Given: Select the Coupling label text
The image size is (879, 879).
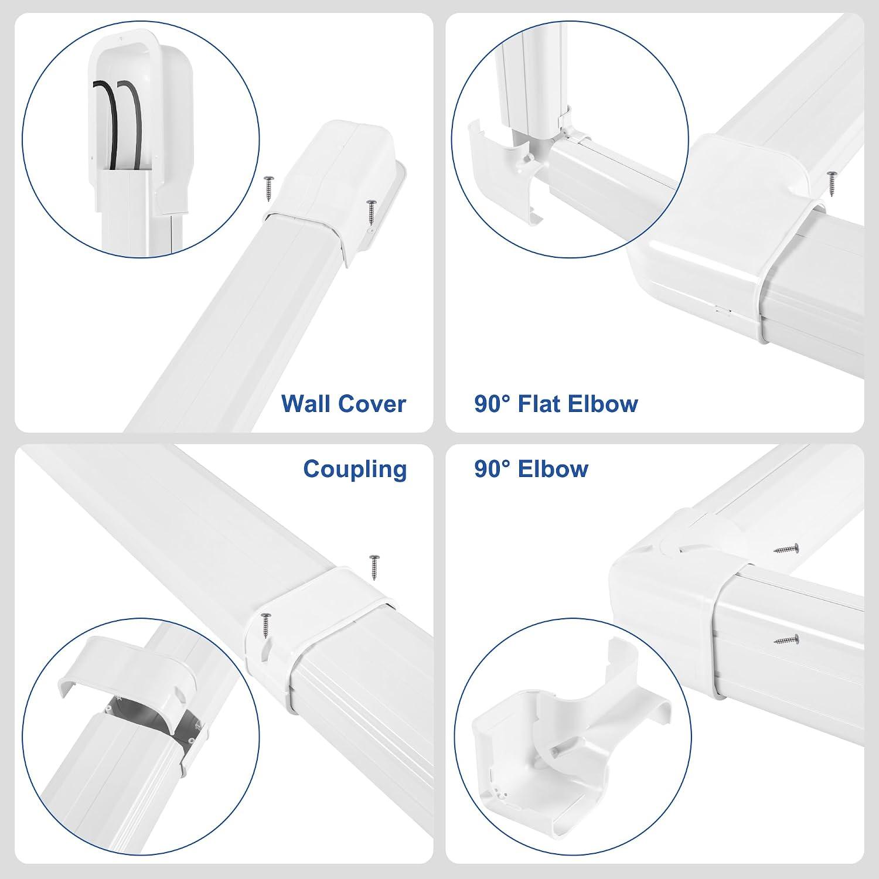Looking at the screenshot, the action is (x=355, y=469).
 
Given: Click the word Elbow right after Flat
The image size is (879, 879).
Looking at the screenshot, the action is (x=604, y=404).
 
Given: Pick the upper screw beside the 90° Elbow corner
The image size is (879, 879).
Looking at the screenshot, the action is (x=786, y=549).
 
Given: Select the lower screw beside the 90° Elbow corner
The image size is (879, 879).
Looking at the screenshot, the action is (x=786, y=639).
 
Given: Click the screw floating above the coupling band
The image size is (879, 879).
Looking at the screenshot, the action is (x=374, y=567).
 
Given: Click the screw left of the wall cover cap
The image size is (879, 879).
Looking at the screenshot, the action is (x=269, y=186).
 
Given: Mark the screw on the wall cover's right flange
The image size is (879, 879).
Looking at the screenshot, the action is (x=371, y=213).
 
